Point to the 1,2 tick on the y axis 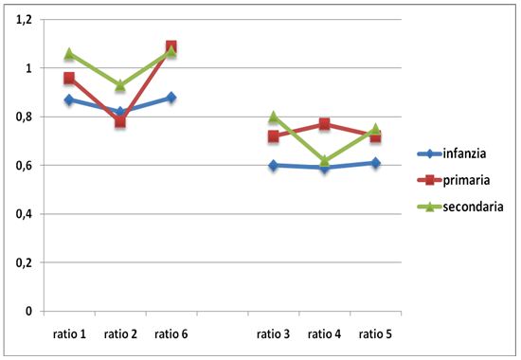[23, 20]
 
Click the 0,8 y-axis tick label [23, 117]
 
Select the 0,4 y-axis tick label [23, 214]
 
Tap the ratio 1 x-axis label [69, 333]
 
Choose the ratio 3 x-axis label [274, 333]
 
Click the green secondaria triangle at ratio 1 [69, 54]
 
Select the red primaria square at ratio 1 [69, 79]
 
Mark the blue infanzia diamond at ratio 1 [69, 99]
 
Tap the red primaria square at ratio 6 [171, 46]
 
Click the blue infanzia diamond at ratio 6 [171, 98]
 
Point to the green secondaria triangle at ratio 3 [274, 117]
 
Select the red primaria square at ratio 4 [325, 124]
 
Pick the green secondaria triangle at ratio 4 [325, 161]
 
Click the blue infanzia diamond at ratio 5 [376, 163]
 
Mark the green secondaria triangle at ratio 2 [120, 85]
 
